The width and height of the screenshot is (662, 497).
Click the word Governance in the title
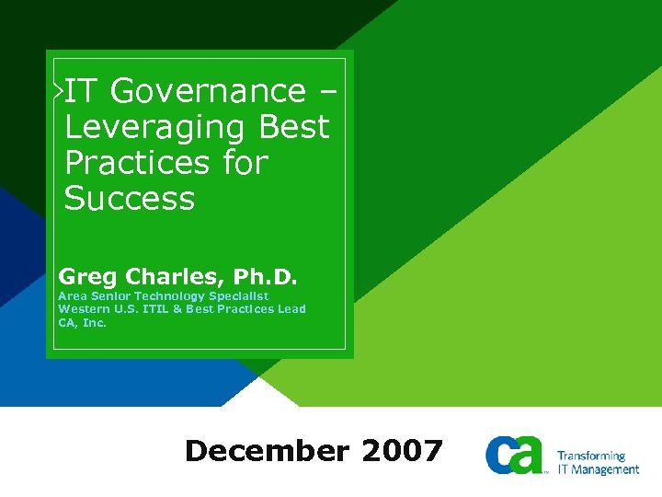pos(208,91)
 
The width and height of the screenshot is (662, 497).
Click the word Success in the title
pos(130,199)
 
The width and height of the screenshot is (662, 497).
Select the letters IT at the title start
pos(82,91)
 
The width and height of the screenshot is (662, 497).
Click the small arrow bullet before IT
pos(58,90)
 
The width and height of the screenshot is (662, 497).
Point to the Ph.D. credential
pos(266,276)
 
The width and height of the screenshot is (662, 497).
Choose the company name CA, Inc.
pos(83,322)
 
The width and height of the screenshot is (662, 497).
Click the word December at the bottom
pos(267,451)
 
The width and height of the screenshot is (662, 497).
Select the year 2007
pos(403,451)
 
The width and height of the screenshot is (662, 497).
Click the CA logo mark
pos(516,455)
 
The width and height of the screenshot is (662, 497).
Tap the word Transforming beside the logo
pos(591,456)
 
